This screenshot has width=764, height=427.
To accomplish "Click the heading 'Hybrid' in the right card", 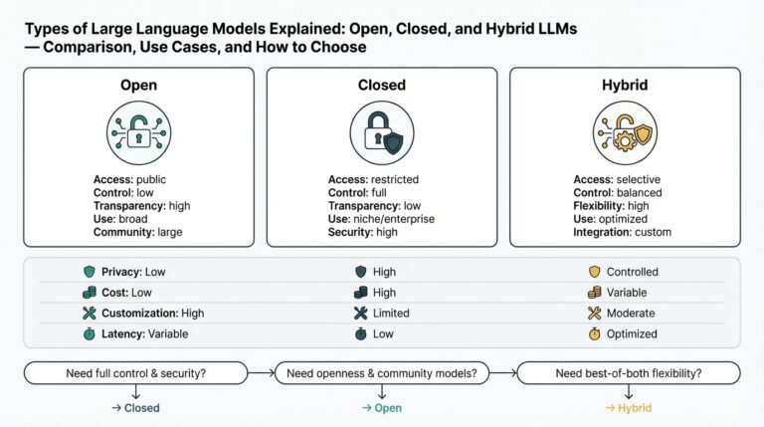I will coord(625,86).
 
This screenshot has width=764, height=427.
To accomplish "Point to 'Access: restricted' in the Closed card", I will coord(373,179).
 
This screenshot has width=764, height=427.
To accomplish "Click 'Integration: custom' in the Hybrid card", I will coord(623,232).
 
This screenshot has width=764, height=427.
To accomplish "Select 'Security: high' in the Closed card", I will coord(364,232).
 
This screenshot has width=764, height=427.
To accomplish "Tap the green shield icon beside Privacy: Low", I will coord(90,272).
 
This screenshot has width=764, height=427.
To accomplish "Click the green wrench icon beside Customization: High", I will coord(90,314).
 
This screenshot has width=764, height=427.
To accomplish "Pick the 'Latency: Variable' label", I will coord(144,334).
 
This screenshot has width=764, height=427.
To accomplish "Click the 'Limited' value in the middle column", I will coord(391,314).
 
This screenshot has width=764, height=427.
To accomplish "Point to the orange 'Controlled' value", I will coord(633,272).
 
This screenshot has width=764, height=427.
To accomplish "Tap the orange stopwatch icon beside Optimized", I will coord(595,334).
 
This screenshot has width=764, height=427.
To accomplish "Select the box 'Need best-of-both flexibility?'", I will coord(629,373).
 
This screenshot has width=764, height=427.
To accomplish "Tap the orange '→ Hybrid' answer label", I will coord(629,407).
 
